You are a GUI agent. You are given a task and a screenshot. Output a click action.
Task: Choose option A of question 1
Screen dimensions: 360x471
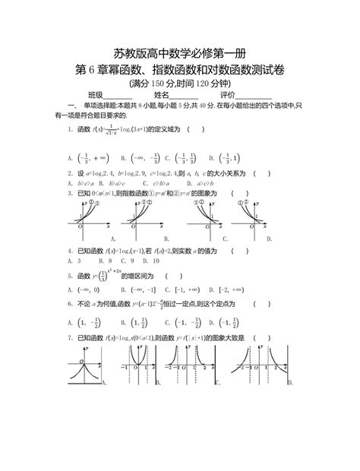84,158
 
